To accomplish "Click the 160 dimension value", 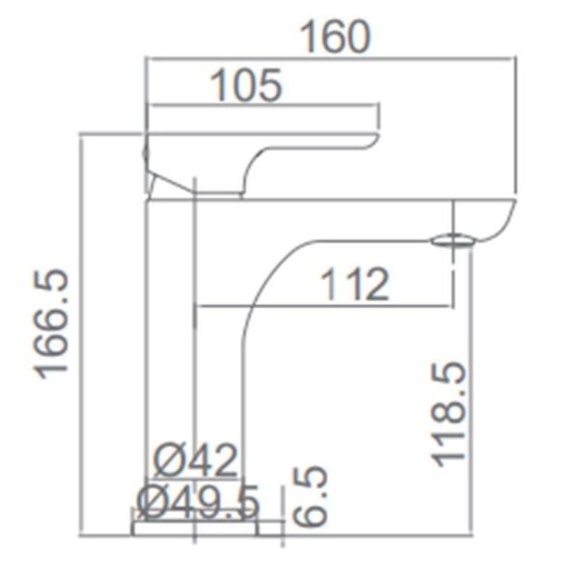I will click(x=335, y=36).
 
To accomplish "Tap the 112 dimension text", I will click(x=354, y=286).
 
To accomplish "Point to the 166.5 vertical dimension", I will click(x=54, y=324).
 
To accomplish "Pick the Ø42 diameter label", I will click(x=196, y=462).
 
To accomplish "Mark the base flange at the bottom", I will click(x=196, y=528).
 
